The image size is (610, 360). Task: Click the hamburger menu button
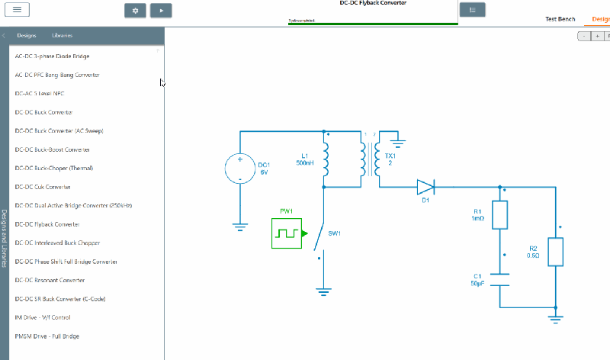[16, 10]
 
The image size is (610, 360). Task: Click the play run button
[160, 11]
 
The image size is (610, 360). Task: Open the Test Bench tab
[560, 18]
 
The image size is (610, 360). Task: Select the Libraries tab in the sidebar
[63, 36]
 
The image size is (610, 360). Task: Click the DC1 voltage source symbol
[239, 169]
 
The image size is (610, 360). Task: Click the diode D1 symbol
[425, 186]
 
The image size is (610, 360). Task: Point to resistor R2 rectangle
[556, 252]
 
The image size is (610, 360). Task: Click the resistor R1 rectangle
[500, 215]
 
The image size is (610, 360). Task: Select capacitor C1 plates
[500, 279]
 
